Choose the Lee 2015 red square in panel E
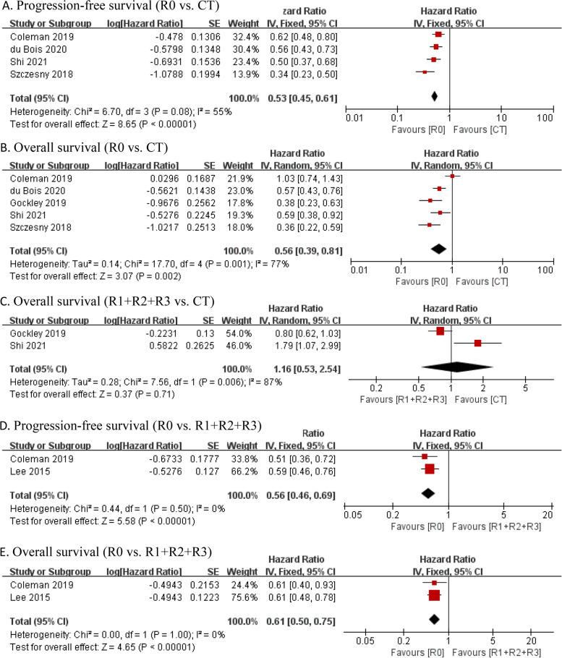[x=434, y=595]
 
